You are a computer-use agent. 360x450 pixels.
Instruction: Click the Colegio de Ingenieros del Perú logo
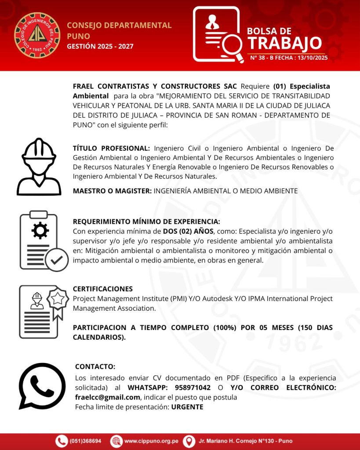(x=37, y=35)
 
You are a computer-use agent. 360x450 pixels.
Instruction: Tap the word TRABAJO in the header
(x=284, y=44)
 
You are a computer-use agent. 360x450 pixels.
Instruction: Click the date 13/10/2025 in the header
(x=313, y=58)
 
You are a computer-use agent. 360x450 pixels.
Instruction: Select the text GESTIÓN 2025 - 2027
(x=100, y=46)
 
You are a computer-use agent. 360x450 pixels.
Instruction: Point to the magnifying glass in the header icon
(x=232, y=45)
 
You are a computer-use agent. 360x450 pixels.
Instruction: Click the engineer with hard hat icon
(x=39, y=167)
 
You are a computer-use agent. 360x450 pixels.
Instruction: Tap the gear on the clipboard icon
(x=40, y=231)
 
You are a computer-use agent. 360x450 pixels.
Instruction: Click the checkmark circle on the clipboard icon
(x=56, y=260)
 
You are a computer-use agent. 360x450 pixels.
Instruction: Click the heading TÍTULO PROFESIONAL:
(x=111, y=149)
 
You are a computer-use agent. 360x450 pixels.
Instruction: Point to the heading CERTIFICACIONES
(x=102, y=289)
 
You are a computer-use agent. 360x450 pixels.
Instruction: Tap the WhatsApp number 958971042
(x=192, y=388)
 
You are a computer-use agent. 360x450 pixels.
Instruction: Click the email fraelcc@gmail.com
(x=107, y=397)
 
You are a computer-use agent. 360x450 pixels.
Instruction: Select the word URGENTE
(x=187, y=407)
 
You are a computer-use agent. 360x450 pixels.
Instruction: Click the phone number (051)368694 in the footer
(x=85, y=441)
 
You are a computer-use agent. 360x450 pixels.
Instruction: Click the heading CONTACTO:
(x=95, y=367)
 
